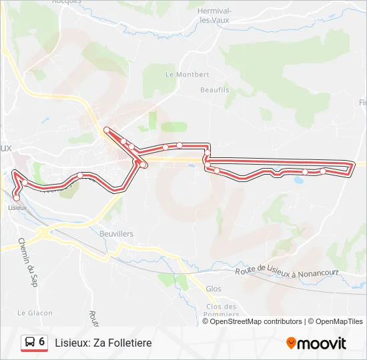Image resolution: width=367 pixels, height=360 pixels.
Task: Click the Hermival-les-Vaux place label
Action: click(216, 16)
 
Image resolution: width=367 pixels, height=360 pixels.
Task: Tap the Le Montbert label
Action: click(178, 75)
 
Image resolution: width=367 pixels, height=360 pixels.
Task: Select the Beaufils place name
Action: click(214, 89)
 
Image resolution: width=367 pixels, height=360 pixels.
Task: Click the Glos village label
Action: click(214, 289)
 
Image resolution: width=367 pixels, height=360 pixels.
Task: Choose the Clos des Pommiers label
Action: click(218, 311)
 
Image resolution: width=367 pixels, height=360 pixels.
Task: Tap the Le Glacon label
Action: click(30, 313)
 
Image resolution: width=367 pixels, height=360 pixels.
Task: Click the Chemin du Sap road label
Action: click(28, 263)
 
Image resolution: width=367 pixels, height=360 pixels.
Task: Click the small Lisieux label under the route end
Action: click(17, 207)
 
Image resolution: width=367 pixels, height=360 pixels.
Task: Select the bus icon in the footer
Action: click(30, 342)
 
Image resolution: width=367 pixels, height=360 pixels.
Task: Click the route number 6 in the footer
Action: click(42, 341)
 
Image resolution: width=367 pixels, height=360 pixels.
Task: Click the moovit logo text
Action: click(322, 343)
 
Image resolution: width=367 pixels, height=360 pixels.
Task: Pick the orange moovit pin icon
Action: click(291, 343)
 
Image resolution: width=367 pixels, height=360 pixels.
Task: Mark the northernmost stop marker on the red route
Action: click(107, 129)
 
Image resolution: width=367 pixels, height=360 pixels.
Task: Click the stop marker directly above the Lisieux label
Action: click(16, 197)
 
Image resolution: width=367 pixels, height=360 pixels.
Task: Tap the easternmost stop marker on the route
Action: click(323, 171)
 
